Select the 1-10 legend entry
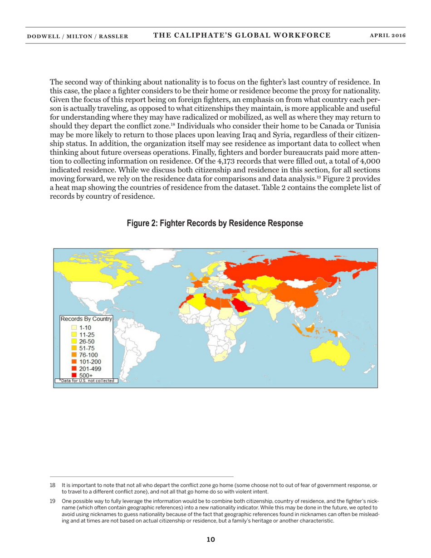tap(84, 327)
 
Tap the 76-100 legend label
tap(88, 355)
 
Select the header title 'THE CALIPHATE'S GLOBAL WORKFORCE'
tap(241, 35)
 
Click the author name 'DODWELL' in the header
tap(44, 36)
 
